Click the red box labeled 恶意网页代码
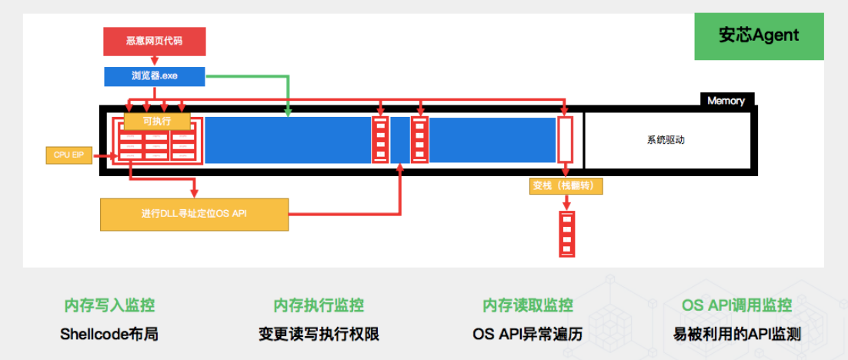(155, 42)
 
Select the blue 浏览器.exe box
(155, 75)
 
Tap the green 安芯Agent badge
(758, 35)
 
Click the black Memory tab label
(726, 100)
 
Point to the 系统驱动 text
(666, 141)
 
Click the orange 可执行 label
(156, 121)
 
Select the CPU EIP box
(68, 155)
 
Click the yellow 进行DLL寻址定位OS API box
(194, 214)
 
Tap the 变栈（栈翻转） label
(566, 186)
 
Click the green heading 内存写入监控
(109, 305)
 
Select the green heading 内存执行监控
(319, 305)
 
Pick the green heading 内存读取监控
(527, 305)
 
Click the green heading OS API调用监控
(736, 305)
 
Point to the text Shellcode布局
(109, 335)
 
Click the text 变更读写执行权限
(319, 335)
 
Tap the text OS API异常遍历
(527, 335)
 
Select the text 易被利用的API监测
(736, 335)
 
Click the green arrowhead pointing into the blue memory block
(288, 112)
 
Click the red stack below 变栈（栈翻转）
(566, 233)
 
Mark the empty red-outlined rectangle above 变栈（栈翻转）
(566, 139)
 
